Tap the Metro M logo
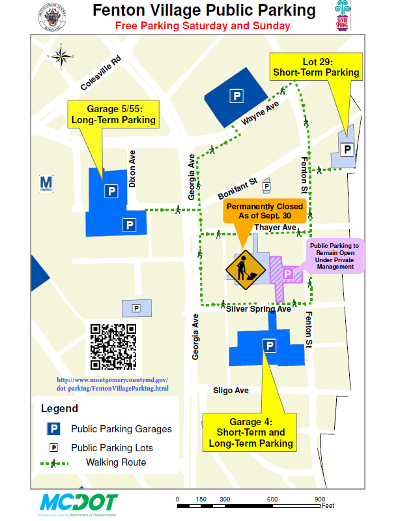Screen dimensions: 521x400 [46, 183]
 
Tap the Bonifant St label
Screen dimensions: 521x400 [238, 190]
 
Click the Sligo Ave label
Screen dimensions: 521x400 [231, 391]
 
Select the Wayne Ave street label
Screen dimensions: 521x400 [260, 113]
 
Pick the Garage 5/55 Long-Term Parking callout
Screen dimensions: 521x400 [113, 113]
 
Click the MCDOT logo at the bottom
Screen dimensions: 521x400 [79, 503]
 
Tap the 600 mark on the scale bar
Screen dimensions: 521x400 [272, 499]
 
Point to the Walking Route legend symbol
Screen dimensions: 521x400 [56, 463]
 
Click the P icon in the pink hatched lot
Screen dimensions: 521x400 [287, 273]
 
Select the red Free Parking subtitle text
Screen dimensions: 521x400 [203, 25]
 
